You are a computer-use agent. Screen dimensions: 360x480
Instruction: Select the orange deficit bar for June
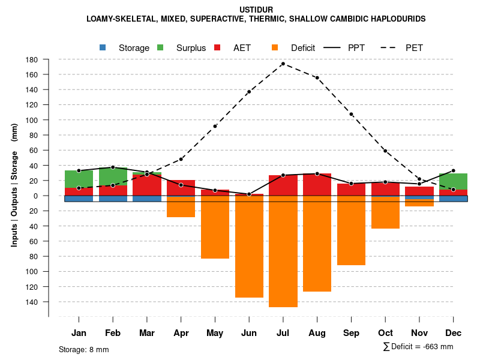pos(249,246)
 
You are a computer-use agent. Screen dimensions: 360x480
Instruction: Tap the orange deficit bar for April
pos(181,206)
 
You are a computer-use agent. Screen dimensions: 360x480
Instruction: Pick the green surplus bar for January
pos(79,179)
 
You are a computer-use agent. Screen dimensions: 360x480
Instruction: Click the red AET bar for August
pos(317,185)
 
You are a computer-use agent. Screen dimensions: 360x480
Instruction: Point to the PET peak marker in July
pos(283,64)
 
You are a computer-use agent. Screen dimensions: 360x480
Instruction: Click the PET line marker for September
pos(351,114)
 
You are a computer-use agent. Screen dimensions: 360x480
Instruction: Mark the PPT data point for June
pos(249,194)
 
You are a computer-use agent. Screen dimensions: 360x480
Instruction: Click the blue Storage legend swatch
pos(103,47)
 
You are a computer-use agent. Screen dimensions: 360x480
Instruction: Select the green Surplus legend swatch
pos(160,47)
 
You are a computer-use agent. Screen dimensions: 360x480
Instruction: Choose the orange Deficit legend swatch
pos(275,47)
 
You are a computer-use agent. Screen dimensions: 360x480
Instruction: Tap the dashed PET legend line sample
pos(389,47)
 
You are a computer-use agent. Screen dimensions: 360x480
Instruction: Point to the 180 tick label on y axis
pos(32,59)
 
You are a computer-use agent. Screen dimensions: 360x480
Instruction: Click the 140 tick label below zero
pos(32,301)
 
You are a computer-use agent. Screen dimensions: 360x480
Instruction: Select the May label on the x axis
pos(215,333)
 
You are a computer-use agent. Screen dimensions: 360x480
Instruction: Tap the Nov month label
pos(419,333)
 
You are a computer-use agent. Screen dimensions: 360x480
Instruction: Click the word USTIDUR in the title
pos(256,10)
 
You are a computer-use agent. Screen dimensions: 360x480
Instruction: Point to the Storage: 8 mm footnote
pos(84,349)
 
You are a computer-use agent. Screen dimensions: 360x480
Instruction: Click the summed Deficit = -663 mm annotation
pos(418,347)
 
